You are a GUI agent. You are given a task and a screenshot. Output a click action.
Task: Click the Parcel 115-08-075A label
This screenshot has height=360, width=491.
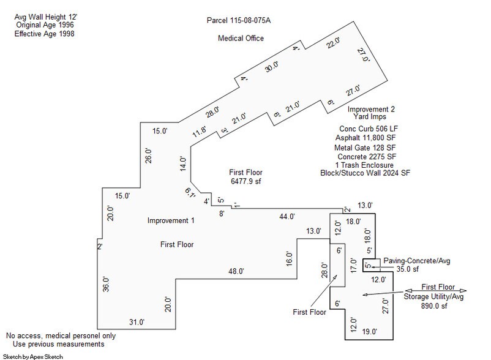click(x=239, y=21)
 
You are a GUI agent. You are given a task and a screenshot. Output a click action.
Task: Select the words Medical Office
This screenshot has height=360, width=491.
click(x=241, y=39)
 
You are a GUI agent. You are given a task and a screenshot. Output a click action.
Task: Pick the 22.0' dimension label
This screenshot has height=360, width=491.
click(x=332, y=43)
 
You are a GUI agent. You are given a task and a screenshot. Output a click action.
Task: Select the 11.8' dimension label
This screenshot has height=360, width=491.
click(x=200, y=130)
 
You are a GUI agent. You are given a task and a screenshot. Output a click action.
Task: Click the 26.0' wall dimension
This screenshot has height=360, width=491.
click(x=148, y=155)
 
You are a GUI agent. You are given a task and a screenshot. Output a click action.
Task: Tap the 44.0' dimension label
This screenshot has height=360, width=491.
click(x=287, y=216)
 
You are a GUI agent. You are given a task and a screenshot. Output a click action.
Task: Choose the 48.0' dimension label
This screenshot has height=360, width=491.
click(x=236, y=271)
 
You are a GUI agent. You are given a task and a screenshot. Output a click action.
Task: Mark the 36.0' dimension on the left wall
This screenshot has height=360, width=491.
click(x=105, y=284)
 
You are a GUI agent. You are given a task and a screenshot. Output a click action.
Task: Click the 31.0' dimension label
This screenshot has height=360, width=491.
click(x=136, y=322)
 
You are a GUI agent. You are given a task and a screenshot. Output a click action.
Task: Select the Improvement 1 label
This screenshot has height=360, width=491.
click(x=171, y=220)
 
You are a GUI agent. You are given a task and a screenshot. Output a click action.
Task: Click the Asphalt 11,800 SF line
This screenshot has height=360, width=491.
click(x=365, y=138)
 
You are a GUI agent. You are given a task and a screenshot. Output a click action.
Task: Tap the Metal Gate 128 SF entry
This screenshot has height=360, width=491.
click(x=365, y=147)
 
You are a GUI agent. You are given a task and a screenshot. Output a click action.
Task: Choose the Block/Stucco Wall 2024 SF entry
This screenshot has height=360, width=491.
click(x=365, y=173)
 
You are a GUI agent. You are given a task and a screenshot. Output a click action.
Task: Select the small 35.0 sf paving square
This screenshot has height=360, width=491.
click(x=368, y=265)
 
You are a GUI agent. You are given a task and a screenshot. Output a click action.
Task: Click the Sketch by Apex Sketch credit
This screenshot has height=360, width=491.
click(x=32, y=356)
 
